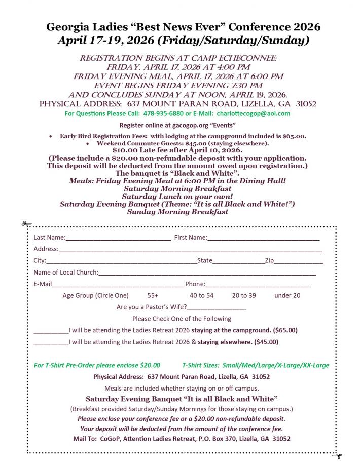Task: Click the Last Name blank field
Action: click(x=118, y=237)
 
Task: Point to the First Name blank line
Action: click(x=263, y=237)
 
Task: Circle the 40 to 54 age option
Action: click(x=201, y=295)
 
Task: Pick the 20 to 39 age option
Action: click(x=244, y=295)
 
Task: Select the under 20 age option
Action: click(x=287, y=295)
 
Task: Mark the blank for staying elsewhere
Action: click(x=51, y=342)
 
